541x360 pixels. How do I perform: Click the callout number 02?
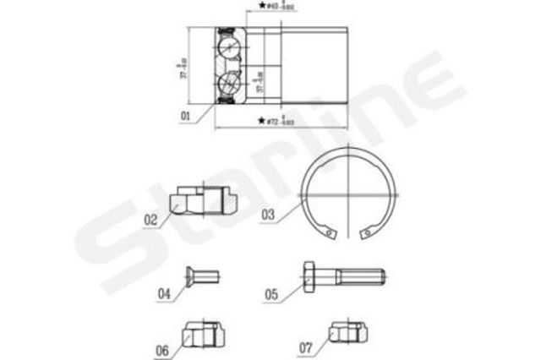(x=151, y=221)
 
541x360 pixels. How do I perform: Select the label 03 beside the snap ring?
(x=268, y=215)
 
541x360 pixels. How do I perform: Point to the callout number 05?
(x=270, y=294)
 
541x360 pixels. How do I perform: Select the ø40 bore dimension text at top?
(x=272, y=7)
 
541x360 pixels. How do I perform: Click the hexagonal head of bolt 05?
(x=310, y=275)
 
